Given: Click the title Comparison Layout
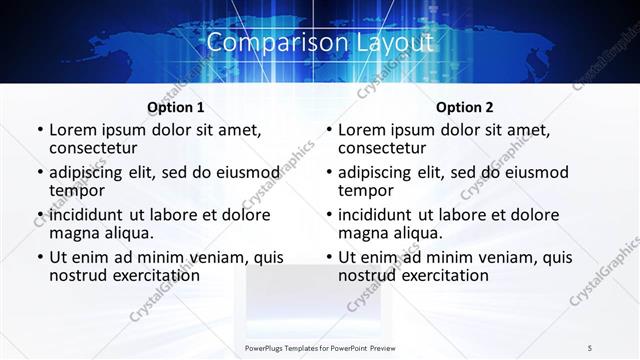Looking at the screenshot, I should point(320,43).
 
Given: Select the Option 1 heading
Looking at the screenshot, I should point(175,107).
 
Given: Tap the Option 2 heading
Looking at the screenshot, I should point(464,107).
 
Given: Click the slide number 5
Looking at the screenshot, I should point(590,347).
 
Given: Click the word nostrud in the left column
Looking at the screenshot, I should point(79,275).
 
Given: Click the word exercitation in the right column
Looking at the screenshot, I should point(443,275).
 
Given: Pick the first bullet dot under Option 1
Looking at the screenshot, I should point(39,131).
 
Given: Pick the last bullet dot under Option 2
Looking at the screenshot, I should point(328,257).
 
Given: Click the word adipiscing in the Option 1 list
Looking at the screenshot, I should point(91,172).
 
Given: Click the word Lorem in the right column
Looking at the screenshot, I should point(363,130).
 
